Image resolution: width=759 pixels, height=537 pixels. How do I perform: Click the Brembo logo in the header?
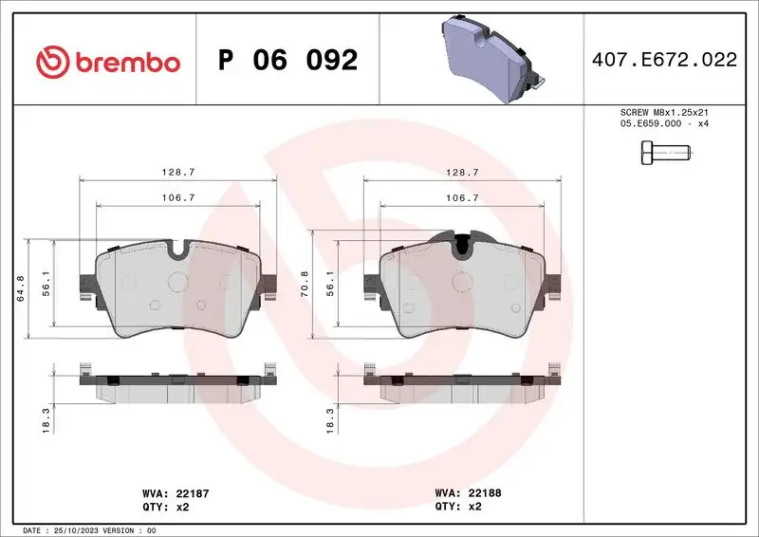107,62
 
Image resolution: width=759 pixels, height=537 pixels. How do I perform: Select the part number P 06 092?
287,61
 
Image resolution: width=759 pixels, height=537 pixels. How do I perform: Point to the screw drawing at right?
669,151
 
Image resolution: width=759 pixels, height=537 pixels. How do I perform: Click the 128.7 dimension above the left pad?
178,172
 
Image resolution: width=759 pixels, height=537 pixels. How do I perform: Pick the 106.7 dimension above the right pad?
461,198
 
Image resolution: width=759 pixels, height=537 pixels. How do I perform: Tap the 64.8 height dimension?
21,287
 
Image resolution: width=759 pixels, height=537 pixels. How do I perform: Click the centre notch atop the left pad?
178,250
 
